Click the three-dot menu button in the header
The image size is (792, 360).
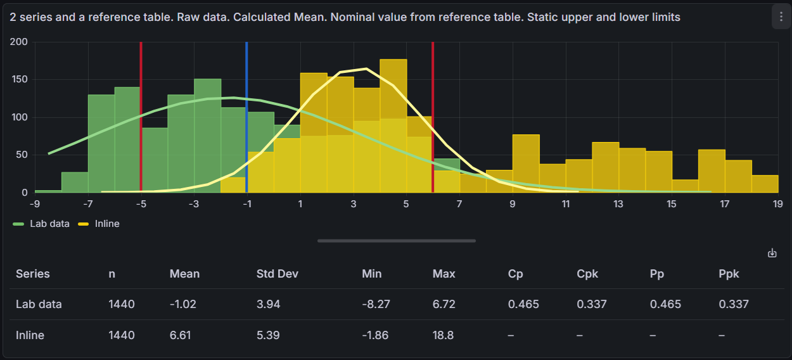(781, 16)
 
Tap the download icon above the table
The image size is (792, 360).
(772, 253)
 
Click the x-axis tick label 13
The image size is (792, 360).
(618, 204)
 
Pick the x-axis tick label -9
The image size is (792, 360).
(35, 204)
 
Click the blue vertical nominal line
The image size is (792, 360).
(246, 127)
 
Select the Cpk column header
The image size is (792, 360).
(587, 274)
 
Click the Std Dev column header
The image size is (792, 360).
(277, 274)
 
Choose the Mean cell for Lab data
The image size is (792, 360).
(183, 304)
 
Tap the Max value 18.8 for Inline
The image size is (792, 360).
(443, 335)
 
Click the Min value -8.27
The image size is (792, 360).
(376, 304)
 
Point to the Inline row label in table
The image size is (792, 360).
(30, 335)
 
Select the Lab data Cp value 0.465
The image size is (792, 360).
(523, 304)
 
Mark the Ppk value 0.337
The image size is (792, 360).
(734, 304)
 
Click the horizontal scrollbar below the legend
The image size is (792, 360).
(396, 241)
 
